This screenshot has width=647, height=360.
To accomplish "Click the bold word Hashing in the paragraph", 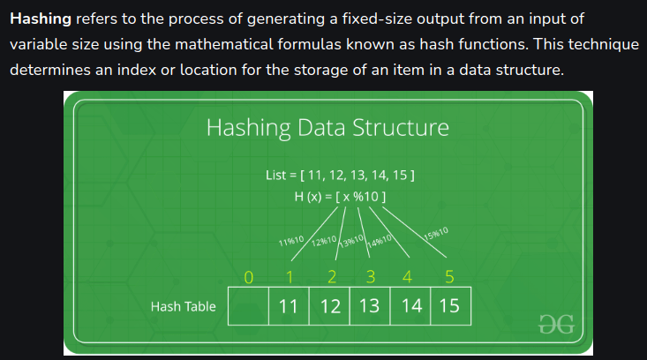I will (41, 18).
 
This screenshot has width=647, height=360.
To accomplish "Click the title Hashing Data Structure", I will (327, 128).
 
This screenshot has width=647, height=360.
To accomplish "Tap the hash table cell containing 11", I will (288, 307).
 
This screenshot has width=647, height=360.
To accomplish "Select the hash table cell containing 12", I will (329, 307).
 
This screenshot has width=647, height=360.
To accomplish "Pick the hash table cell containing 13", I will (369, 307).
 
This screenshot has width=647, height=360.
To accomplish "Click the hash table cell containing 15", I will (448, 307).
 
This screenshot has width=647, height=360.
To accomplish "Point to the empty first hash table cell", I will (248, 307).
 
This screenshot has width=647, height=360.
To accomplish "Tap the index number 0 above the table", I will (249, 278).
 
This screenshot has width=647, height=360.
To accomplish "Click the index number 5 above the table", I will (448, 278).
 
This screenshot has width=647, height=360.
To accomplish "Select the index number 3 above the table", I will (370, 278).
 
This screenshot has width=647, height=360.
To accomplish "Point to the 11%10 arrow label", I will (291, 241).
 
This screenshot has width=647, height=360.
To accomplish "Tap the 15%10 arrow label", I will (436, 235).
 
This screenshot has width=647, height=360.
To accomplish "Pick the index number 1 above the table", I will (289, 278).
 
